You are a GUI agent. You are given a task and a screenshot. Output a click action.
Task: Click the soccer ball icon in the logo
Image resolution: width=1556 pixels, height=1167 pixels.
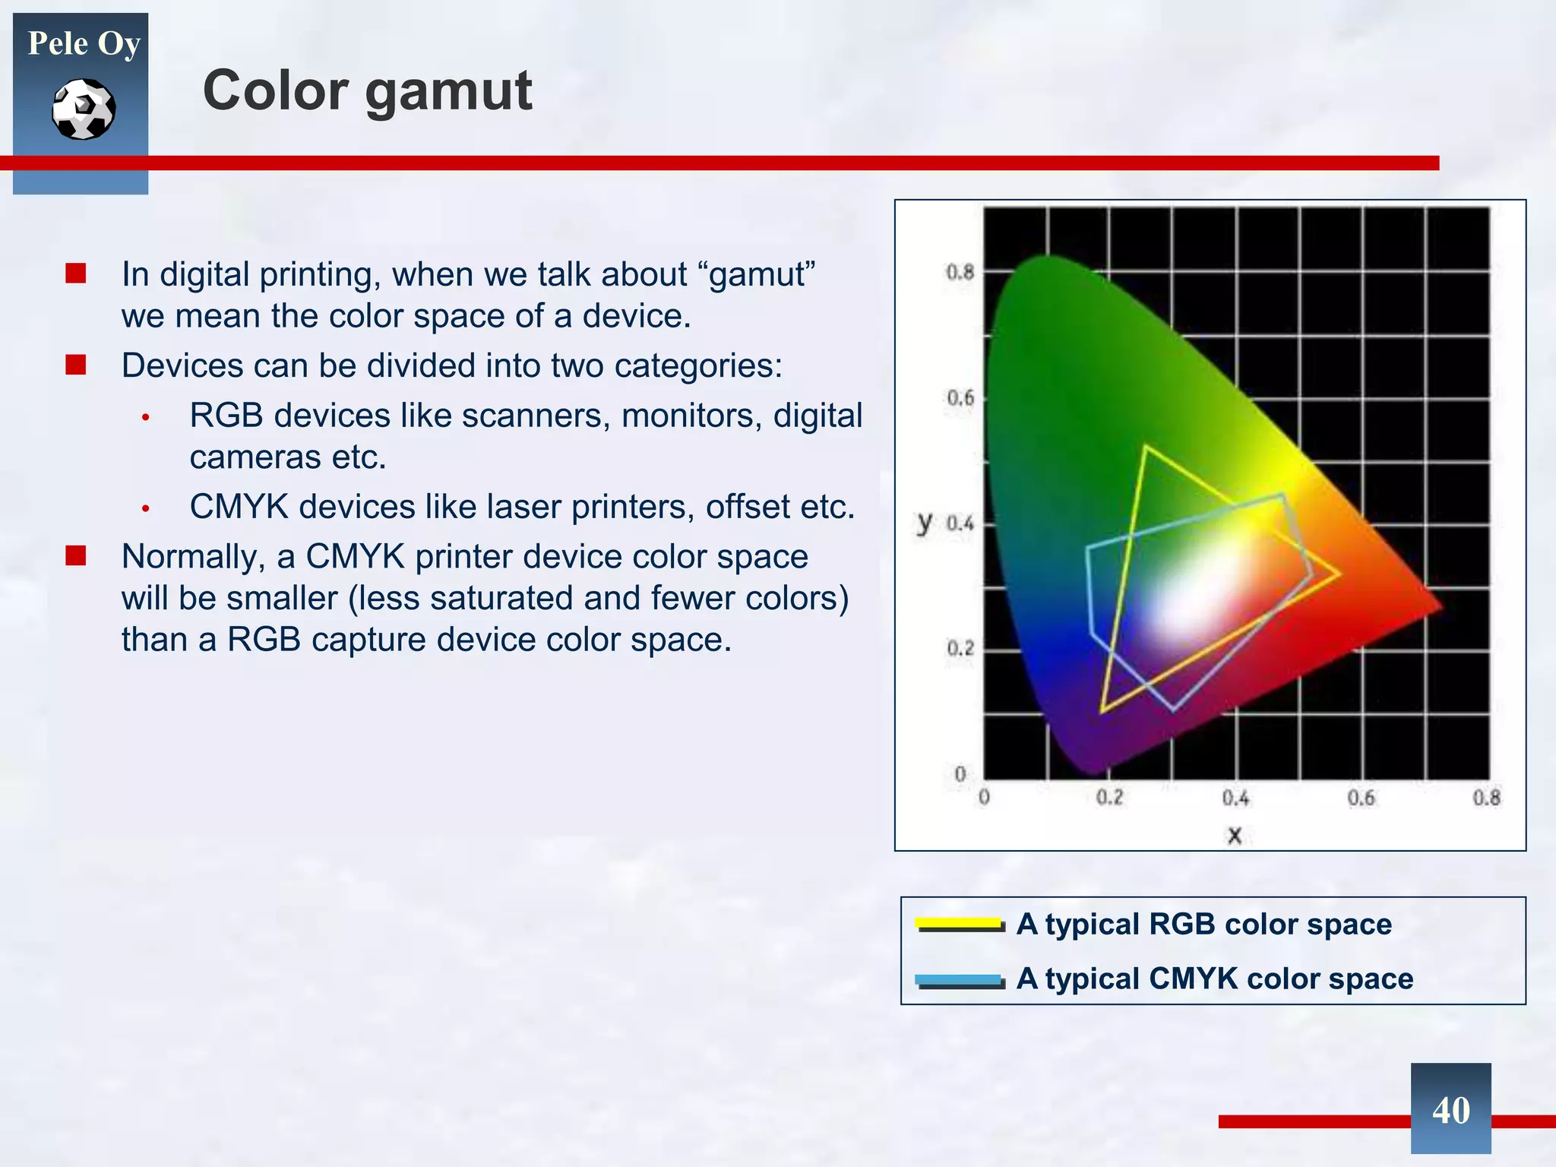click(84, 109)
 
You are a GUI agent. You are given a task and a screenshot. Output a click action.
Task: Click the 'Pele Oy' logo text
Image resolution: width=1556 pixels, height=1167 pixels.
click(84, 44)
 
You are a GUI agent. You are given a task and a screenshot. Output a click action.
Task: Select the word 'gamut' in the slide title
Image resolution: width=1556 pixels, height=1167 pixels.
click(449, 91)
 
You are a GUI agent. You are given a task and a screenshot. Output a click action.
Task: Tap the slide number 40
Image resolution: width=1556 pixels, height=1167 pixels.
click(1450, 1110)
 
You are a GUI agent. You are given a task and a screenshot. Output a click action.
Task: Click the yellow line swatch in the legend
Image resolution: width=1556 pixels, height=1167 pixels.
click(960, 924)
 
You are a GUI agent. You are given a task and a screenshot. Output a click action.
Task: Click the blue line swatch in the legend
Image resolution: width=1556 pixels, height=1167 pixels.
click(960, 979)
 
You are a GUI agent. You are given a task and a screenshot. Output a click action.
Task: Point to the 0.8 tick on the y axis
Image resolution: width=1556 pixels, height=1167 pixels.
click(960, 272)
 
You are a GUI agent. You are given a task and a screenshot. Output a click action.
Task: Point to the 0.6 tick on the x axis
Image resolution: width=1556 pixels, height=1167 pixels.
click(1361, 798)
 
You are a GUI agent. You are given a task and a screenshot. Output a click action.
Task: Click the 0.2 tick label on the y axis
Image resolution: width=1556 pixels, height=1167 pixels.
click(960, 649)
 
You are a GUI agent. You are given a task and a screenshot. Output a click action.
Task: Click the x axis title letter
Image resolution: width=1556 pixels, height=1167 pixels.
click(1235, 836)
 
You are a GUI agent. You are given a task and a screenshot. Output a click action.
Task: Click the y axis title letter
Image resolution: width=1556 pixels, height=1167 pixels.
click(925, 522)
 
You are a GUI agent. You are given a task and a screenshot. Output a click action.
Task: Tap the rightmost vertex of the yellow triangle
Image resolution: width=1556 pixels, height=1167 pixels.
click(1339, 573)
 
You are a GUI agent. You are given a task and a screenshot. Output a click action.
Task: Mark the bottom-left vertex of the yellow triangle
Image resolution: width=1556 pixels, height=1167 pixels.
click(1102, 711)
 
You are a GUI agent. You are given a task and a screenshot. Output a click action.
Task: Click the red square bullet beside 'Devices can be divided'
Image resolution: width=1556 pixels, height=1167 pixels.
click(75, 365)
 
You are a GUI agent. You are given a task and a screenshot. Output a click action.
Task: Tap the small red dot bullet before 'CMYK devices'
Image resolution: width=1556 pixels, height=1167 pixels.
click(145, 508)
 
